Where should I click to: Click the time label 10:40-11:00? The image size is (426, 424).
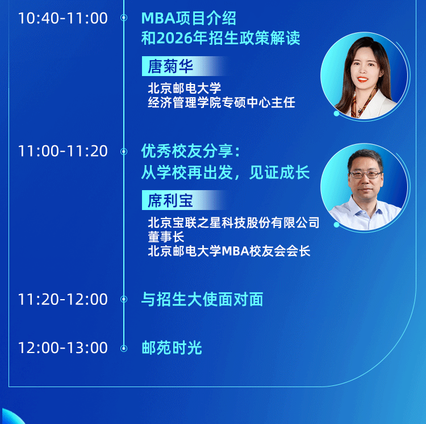coord(62,18)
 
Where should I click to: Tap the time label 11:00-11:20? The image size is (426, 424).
coord(62,151)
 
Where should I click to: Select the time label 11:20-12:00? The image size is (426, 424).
coord(62,299)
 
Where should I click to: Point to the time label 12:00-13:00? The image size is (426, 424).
coord(62,348)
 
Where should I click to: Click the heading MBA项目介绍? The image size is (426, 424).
coord(189,19)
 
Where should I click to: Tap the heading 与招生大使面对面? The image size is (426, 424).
coord(202,299)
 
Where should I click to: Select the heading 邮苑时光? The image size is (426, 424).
coord(172,348)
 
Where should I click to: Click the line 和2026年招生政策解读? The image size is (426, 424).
coord(220,37)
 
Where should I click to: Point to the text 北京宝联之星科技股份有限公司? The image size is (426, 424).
coord(233,223)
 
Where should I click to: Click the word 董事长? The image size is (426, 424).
coord(166,237)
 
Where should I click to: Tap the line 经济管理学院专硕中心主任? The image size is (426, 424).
coord(222,102)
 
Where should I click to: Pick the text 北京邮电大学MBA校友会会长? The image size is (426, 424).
coord(229,251)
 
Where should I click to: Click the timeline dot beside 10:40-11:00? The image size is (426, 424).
coord(124,18)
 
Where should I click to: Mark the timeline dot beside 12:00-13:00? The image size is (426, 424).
coord(124,349)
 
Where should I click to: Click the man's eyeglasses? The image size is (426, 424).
coord(366,175)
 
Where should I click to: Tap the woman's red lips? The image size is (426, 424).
coord(363,79)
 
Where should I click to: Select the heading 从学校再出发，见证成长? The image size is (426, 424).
coord(225,172)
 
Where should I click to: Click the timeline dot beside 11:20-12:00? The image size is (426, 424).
coord(124,299)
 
